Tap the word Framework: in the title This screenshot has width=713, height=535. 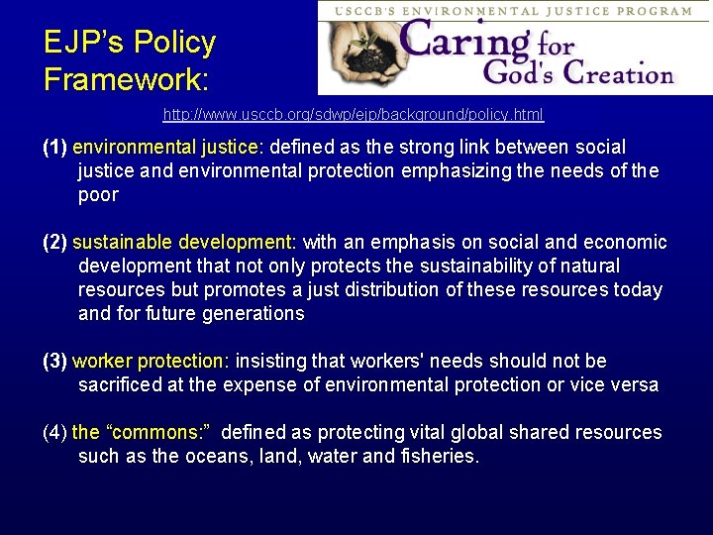click(x=129, y=78)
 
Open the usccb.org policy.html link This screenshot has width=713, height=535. click(x=354, y=115)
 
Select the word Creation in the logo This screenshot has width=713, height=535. click(x=615, y=73)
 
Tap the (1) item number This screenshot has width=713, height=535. click(x=55, y=148)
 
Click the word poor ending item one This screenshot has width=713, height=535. click(x=98, y=195)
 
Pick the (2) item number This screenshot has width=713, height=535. click(x=55, y=243)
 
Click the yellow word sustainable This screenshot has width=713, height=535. click(x=123, y=243)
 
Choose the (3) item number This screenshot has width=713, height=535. click(x=55, y=362)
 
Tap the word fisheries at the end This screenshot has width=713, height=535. click(x=440, y=457)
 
